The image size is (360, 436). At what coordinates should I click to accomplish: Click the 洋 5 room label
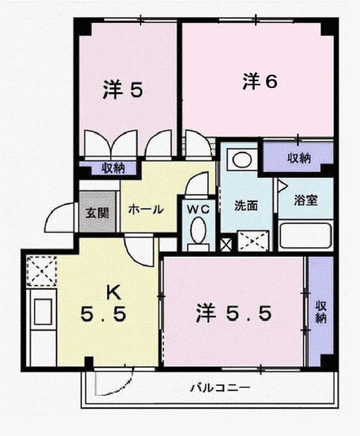[123, 89]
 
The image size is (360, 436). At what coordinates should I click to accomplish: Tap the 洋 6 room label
[260, 81]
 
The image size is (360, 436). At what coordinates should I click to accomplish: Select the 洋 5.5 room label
[233, 313]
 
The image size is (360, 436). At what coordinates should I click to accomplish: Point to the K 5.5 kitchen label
[104, 304]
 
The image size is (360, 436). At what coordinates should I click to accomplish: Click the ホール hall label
[145, 209]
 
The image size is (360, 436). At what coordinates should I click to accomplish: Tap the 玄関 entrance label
[96, 213]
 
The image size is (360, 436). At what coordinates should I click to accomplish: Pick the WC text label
[198, 209]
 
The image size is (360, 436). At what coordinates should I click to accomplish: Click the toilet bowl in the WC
[198, 230]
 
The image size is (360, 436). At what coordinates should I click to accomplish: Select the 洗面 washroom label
[246, 206]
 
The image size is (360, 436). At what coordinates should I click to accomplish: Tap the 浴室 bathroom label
[306, 200]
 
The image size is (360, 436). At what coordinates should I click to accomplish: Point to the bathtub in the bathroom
[305, 236]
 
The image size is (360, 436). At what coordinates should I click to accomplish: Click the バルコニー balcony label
[220, 387]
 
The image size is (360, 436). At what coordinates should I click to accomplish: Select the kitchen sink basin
[43, 312]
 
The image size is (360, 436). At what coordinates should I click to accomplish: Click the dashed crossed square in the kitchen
[42, 271]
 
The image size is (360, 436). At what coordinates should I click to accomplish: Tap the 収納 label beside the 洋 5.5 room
[321, 312]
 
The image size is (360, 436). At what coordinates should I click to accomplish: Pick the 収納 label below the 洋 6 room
[299, 158]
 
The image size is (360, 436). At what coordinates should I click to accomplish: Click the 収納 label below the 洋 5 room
[112, 168]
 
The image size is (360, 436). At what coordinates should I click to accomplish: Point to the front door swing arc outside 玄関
[57, 215]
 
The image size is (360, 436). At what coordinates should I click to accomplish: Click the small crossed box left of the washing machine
[225, 245]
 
